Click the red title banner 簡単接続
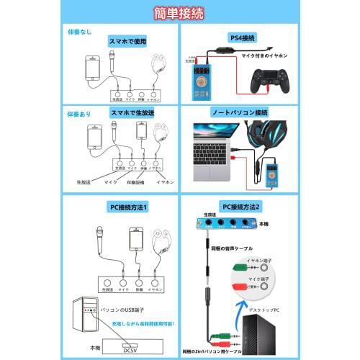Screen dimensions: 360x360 179,14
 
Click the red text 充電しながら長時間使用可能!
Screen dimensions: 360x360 129,323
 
